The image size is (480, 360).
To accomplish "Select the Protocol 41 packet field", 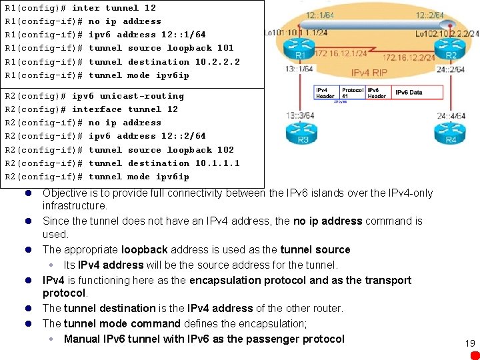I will point(352,93).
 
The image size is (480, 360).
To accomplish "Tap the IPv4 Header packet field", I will point(327,93).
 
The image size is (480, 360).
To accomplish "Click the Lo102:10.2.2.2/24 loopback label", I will point(445,33).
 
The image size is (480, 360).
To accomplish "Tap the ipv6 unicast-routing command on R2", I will point(127,96).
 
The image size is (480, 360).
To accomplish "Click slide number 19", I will point(470,343).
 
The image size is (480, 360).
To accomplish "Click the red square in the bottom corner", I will point(474,355).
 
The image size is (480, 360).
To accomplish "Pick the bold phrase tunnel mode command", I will point(122,323).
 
